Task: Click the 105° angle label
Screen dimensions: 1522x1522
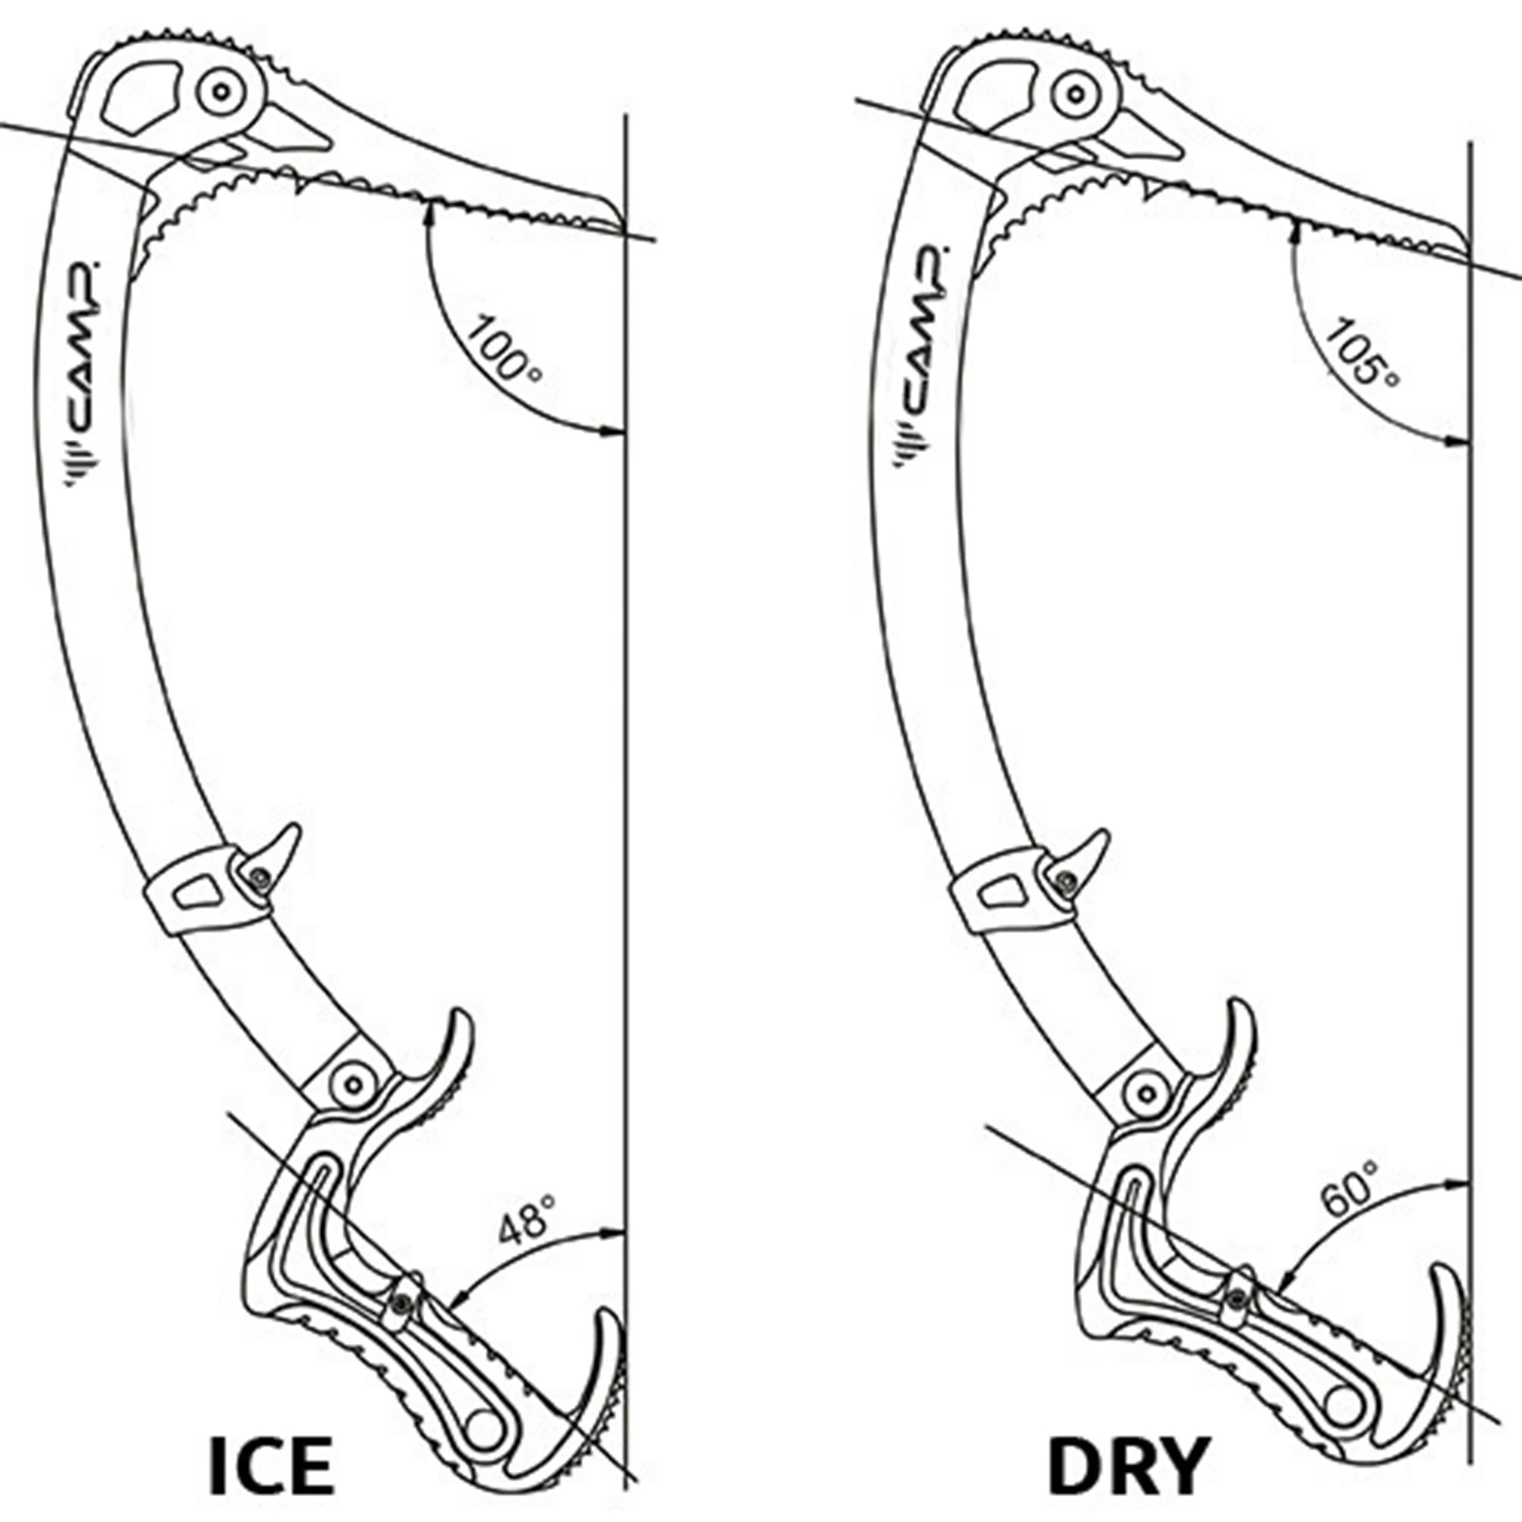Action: coord(1361,353)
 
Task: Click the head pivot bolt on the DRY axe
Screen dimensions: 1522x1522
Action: coord(1075,94)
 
